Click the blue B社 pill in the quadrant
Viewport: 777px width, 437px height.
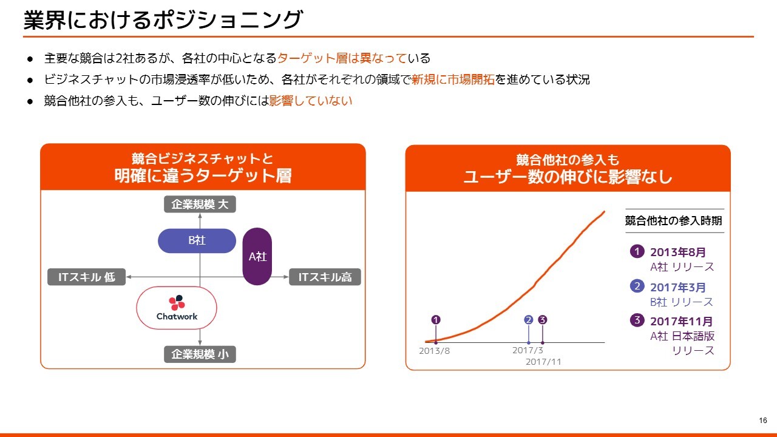point(197,240)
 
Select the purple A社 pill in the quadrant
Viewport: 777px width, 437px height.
point(257,256)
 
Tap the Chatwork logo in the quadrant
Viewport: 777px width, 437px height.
point(177,308)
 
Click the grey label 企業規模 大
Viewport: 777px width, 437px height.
point(200,205)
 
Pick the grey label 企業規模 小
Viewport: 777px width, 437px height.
point(200,354)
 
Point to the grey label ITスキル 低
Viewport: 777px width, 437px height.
point(86,277)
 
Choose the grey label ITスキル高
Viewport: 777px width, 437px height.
point(325,277)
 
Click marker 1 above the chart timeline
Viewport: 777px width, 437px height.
point(436,320)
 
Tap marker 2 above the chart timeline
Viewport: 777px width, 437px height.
point(529,320)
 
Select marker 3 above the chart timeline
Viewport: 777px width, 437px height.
point(543,320)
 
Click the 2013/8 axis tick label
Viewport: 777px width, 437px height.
point(434,351)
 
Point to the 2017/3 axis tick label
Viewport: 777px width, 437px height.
point(528,350)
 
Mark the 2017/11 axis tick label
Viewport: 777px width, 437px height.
point(543,362)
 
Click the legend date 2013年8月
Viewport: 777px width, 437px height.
point(678,252)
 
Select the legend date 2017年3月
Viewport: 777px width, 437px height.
point(678,287)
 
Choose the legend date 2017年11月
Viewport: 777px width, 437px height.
point(681,321)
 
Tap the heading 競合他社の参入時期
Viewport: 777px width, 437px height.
point(674,220)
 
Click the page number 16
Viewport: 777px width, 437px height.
point(763,421)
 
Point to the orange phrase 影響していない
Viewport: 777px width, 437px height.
point(310,101)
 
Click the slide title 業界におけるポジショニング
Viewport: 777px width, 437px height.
point(163,19)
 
